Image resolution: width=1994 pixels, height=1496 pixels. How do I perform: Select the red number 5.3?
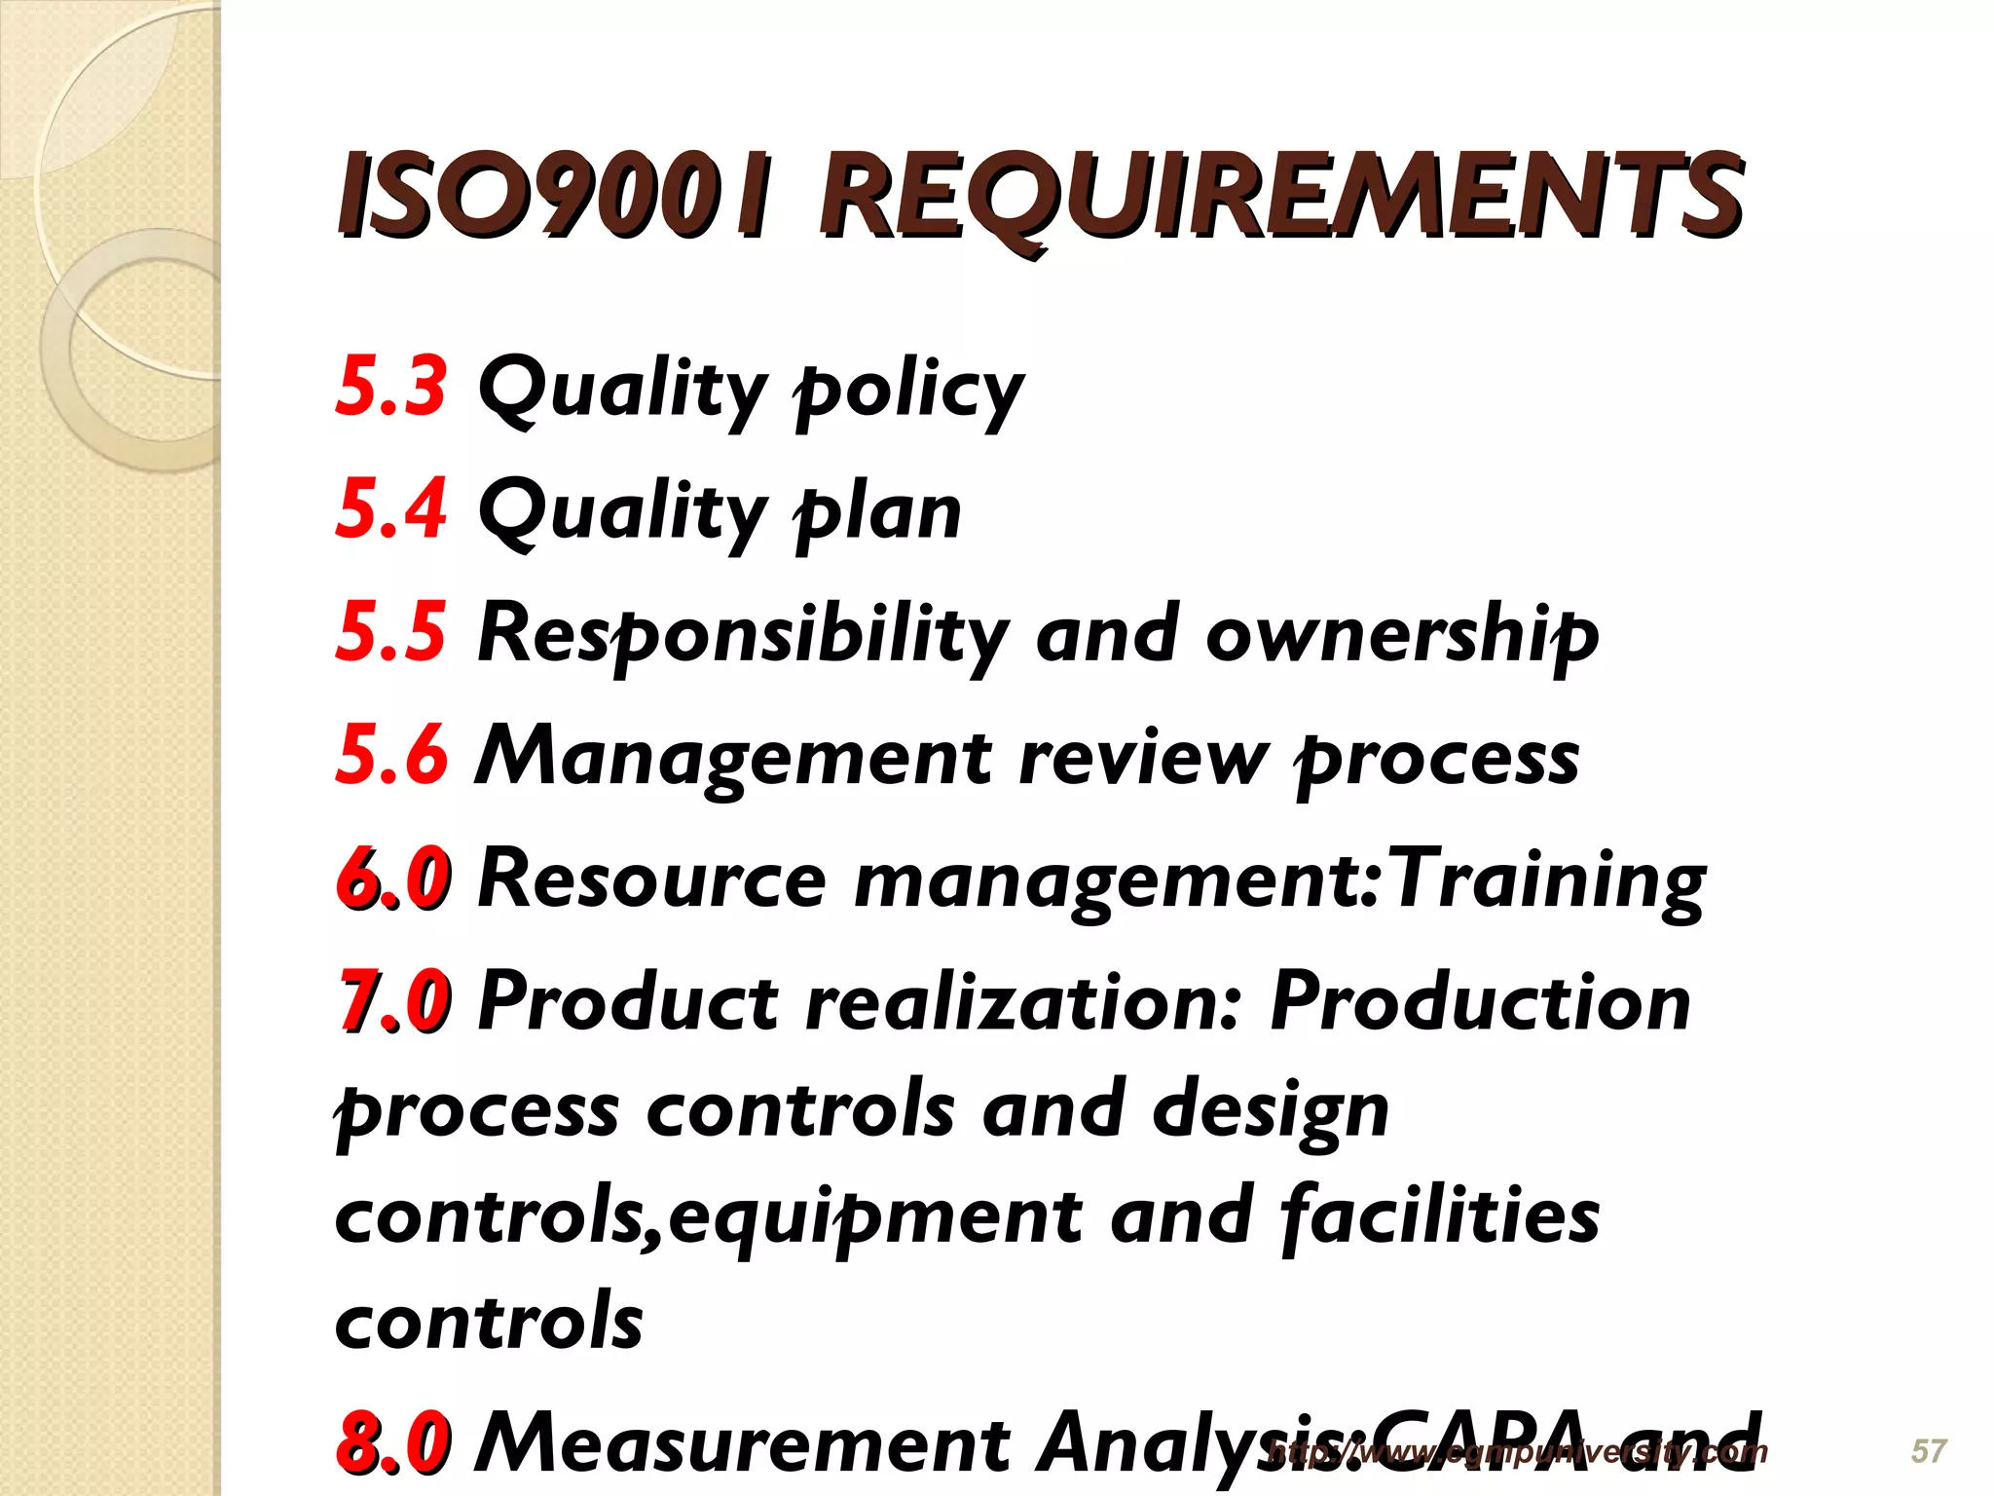[391, 386]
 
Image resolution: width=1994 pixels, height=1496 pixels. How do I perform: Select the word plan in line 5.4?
[877, 512]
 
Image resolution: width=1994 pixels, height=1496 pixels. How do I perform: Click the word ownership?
[1402, 635]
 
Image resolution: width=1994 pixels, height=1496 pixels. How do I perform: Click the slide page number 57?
[1929, 1451]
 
